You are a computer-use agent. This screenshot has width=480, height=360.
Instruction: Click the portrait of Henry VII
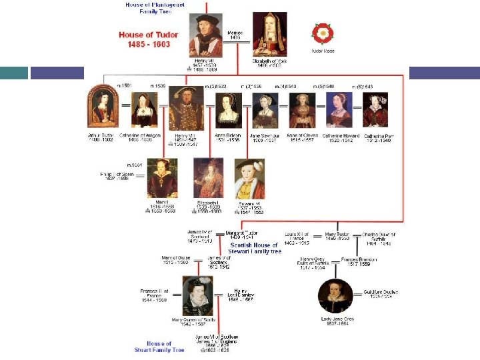point(205,35)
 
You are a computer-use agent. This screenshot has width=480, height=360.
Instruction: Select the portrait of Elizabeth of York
point(270,34)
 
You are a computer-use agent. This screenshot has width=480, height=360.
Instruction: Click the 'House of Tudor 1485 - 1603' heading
point(145,39)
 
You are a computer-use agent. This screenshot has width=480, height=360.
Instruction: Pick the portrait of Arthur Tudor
point(102,109)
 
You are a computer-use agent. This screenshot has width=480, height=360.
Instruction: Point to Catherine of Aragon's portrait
point(144,110)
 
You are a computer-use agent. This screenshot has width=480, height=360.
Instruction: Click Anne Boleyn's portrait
point(228,110)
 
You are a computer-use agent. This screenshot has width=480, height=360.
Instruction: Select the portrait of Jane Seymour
point(265,110)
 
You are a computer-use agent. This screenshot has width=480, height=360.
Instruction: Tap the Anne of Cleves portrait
point(302,110)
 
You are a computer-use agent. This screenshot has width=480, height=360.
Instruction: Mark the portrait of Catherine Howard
point(339,110)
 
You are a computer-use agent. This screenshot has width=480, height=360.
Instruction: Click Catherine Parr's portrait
point(375,110)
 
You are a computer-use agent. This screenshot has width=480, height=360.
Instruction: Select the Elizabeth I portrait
point(208,178)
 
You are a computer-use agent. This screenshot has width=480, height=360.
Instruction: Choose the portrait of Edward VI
point(249,178)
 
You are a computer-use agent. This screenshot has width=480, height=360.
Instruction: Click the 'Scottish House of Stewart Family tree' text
point(255,248)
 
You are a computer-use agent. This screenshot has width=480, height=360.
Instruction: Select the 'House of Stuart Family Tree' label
point(159,347)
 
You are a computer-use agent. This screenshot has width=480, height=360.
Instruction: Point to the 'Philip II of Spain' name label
point(117,177)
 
